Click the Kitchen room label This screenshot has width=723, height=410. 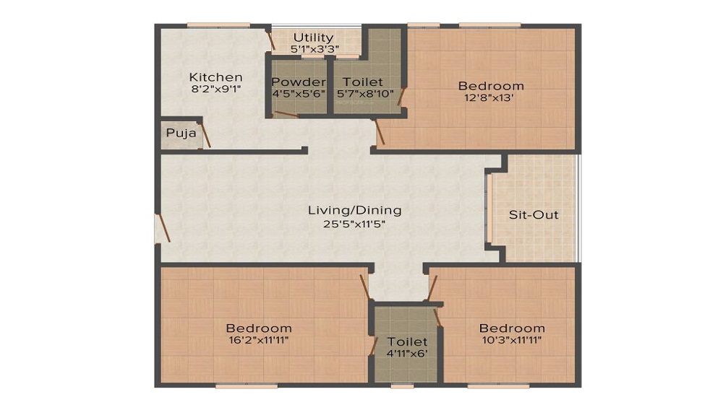[215, 77]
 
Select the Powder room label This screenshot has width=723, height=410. [299, 82]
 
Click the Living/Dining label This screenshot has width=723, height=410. [354, 211]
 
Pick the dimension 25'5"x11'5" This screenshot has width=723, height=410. [354, 224]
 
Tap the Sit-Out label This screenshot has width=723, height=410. [534, 215]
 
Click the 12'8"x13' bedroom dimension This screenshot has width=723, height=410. [491, 99]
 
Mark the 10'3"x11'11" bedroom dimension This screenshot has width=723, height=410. [511, 340]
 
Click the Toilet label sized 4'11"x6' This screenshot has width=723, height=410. [407, 341]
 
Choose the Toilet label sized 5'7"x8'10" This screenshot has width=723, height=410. [363, 82]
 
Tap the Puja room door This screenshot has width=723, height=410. [205, 136]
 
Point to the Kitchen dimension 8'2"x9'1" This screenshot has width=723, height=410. [215, 90]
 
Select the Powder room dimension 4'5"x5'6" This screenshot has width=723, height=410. [299, 94]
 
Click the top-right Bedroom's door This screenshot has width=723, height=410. [380, 132]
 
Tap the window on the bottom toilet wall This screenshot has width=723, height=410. [402, 385]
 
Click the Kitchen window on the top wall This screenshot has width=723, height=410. [208, 26]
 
